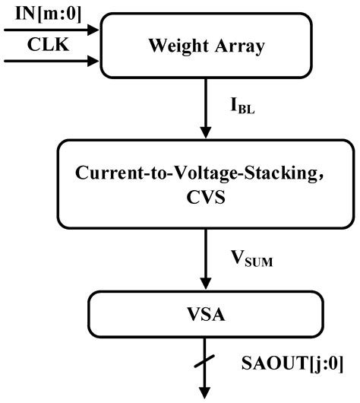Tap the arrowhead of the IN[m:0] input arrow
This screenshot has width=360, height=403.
[x=93, y=30]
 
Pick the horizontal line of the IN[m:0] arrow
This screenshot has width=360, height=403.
[x=46, y=30]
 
